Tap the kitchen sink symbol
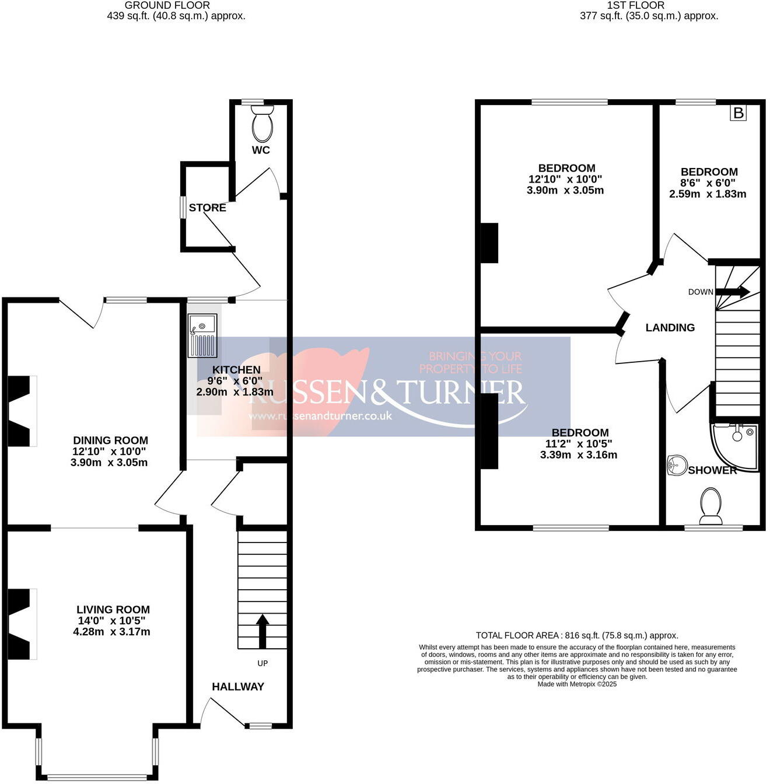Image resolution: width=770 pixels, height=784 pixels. click(x=202, y=335)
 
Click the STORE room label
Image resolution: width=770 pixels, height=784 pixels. click(x=207, y=208)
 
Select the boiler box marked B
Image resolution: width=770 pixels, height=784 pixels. click(x=738, y=113)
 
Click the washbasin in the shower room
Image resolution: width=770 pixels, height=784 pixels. click(x=677, y=465)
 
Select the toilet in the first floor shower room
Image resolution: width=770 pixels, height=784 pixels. click(x=710, y=505)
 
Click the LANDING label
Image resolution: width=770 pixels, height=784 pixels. click(x=670, y=328)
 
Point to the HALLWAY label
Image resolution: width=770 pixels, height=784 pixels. click(x=238, y=687)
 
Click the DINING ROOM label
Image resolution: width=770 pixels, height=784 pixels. click(x=110, y=440)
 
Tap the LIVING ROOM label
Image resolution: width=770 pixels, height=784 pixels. click(x=113, y=610)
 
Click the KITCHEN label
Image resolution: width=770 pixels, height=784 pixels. click(x=236, y=370)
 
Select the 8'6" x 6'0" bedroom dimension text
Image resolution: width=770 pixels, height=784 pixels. click(x=708, y=183)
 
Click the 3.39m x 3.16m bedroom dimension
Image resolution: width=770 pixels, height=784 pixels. click(x=579, y=455)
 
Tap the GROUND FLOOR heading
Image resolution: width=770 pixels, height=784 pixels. click(x=167, y=5)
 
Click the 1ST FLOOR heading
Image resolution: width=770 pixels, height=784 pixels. click(x=636, y=5)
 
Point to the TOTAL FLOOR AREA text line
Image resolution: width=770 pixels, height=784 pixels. click(x=577, y=635)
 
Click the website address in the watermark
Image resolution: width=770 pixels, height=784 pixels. click(x=320, y=416)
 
